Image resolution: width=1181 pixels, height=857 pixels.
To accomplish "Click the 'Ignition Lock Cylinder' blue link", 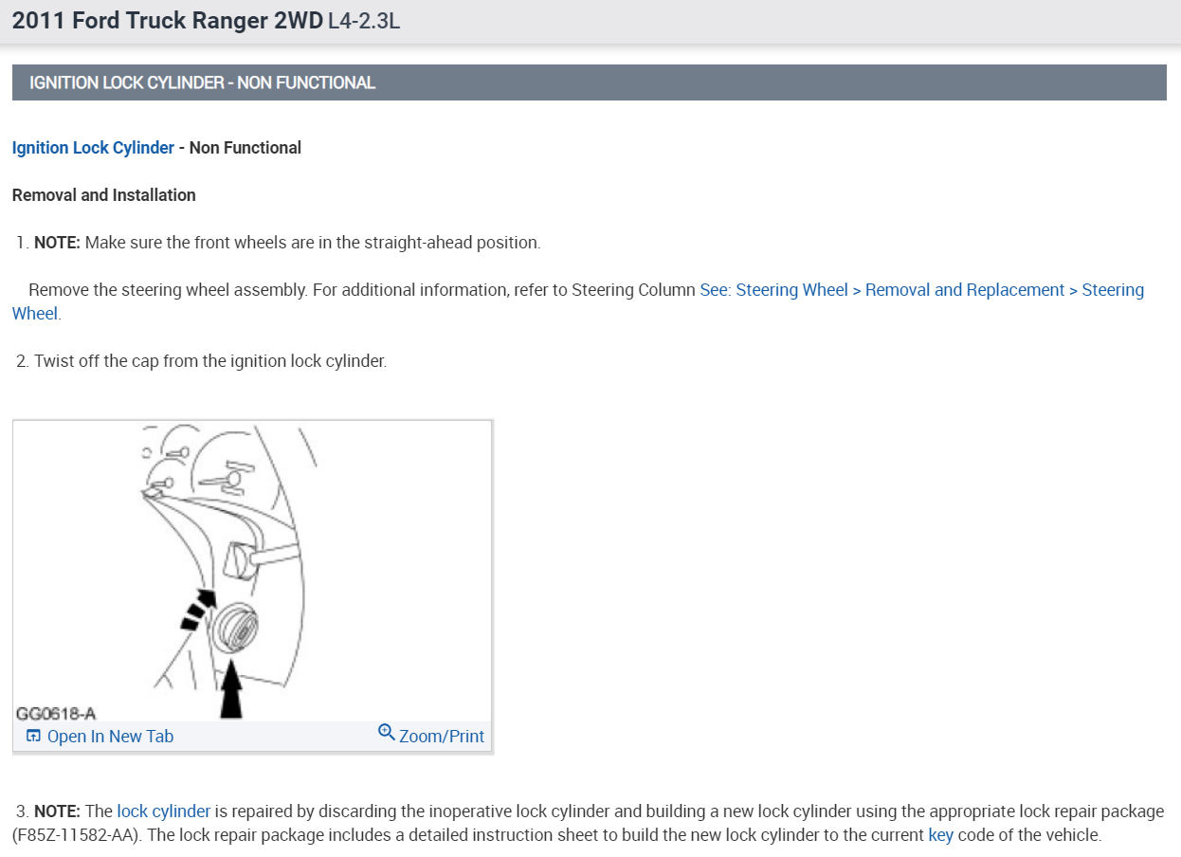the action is click(x=93, y=148).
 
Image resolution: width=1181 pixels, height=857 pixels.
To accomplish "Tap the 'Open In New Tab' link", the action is click(x=110, y=736).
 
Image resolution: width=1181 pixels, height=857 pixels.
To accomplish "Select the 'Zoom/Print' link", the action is click(x=442, y=736).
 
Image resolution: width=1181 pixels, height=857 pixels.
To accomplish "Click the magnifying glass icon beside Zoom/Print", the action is click(x=387, y=732).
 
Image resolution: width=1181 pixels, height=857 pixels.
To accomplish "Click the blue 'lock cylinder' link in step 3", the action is click(x=163, y=811).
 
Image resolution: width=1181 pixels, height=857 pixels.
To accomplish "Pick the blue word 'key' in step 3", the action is click(x=940, y=835).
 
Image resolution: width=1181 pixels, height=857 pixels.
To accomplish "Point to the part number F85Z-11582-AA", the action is click(x=74, y=835).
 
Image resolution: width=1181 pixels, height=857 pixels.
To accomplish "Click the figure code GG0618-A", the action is click(x=56, y=714).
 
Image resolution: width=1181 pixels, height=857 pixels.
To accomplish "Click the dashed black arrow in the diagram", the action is click(x=199, y=610).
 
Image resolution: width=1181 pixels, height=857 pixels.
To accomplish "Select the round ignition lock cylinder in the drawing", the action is click(x=236, y=629).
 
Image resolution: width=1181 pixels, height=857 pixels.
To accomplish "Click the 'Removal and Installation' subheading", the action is click(x=104, y=195).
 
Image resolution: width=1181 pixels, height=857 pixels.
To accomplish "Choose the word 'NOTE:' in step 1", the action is click(x=57, y=243).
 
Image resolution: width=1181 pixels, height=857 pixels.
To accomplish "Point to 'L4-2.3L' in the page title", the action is click(x=364, y=21).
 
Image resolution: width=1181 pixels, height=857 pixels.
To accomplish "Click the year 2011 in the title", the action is click(x=39, y=21).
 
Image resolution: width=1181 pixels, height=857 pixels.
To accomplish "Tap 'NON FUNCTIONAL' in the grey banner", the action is click(x=306, y=82).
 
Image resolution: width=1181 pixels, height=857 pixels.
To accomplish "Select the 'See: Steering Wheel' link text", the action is click(x=773, y=290).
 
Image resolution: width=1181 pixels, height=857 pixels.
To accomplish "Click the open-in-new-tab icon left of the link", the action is click(x=33, y=735).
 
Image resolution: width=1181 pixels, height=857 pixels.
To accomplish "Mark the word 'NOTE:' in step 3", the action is click(x=57, y=811).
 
